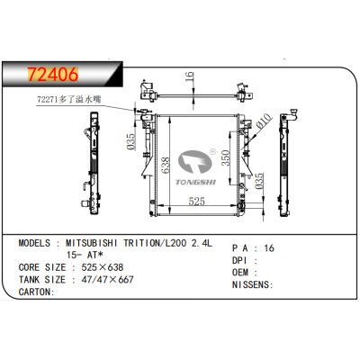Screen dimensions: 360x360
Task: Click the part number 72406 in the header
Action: pyautogui.click(x=53, y=69)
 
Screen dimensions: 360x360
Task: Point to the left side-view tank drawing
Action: pyautogui.click(x=90, y=167)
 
